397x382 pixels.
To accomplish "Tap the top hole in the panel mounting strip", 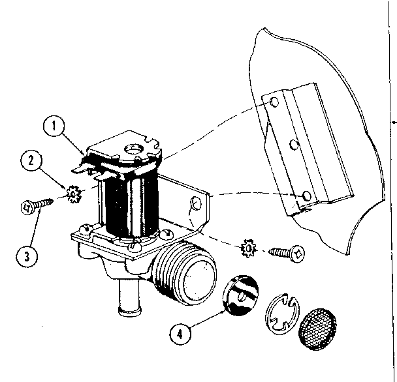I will point(273,102).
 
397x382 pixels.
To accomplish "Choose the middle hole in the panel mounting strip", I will point(293,143).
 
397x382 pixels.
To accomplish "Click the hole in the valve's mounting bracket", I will point(193,207).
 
